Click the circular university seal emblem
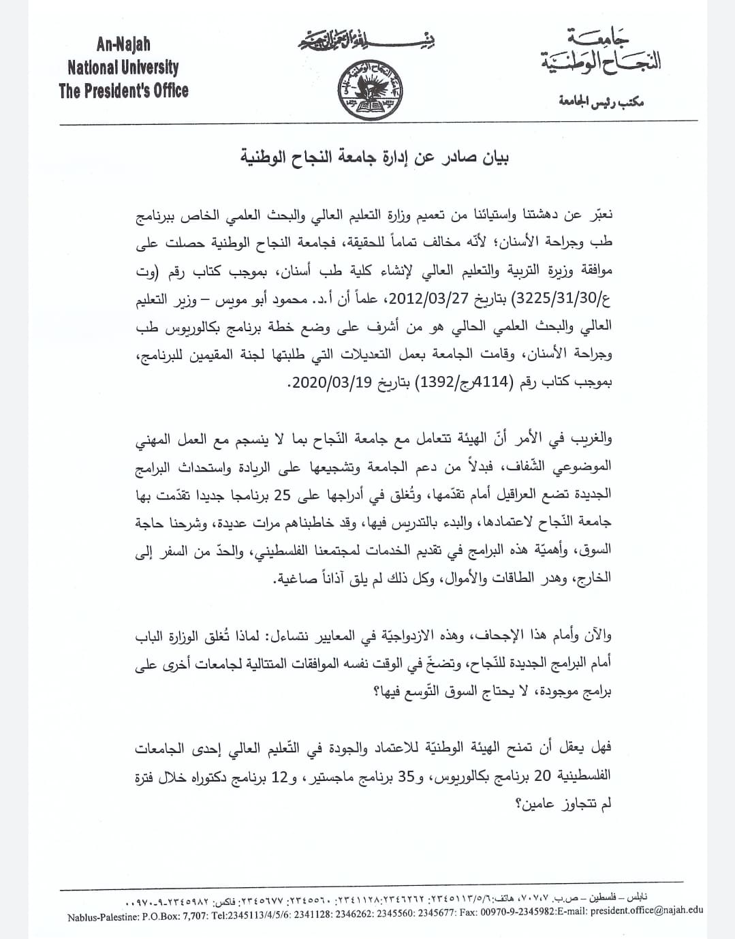coord(369,90)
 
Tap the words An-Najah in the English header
coord(123,45)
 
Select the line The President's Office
coord(123,91)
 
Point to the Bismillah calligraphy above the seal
coord(366,43)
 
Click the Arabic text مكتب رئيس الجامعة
coord(601,102)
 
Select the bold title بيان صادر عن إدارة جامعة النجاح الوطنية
coord(376,158)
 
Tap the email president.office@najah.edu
coord(644,910)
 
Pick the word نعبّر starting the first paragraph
coord(597,215)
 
